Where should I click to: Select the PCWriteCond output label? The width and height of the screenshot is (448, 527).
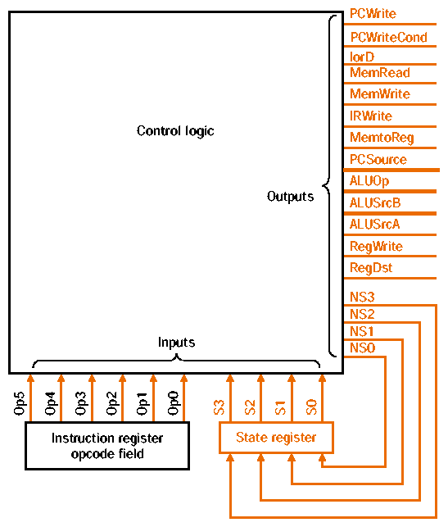click(x=388, y=38)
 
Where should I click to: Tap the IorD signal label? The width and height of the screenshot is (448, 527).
click(x=362, y=57)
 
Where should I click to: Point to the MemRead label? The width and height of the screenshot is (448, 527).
click(x=379, y=73)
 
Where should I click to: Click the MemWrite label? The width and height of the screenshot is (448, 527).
click(x=379, y=94)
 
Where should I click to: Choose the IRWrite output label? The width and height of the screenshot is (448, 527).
click(x=370, y=116)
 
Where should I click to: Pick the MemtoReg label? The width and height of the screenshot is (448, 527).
click(x=382, y=138)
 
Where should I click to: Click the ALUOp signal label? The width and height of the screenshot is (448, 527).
click(x=369, y=181)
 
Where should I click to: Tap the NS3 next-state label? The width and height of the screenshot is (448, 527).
click(x=361, y=298)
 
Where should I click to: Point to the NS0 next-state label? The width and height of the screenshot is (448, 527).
click(x=361, y=348)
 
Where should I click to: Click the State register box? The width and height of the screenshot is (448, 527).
click(x=276, y=438)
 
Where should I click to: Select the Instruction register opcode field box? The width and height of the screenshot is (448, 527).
click(x=107, y=446)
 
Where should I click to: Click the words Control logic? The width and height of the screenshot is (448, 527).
click(x=175, y=131)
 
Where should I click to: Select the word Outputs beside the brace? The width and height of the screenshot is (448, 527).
click(x=290, y=197)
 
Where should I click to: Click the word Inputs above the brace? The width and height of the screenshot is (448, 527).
click(x=176, y=342)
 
